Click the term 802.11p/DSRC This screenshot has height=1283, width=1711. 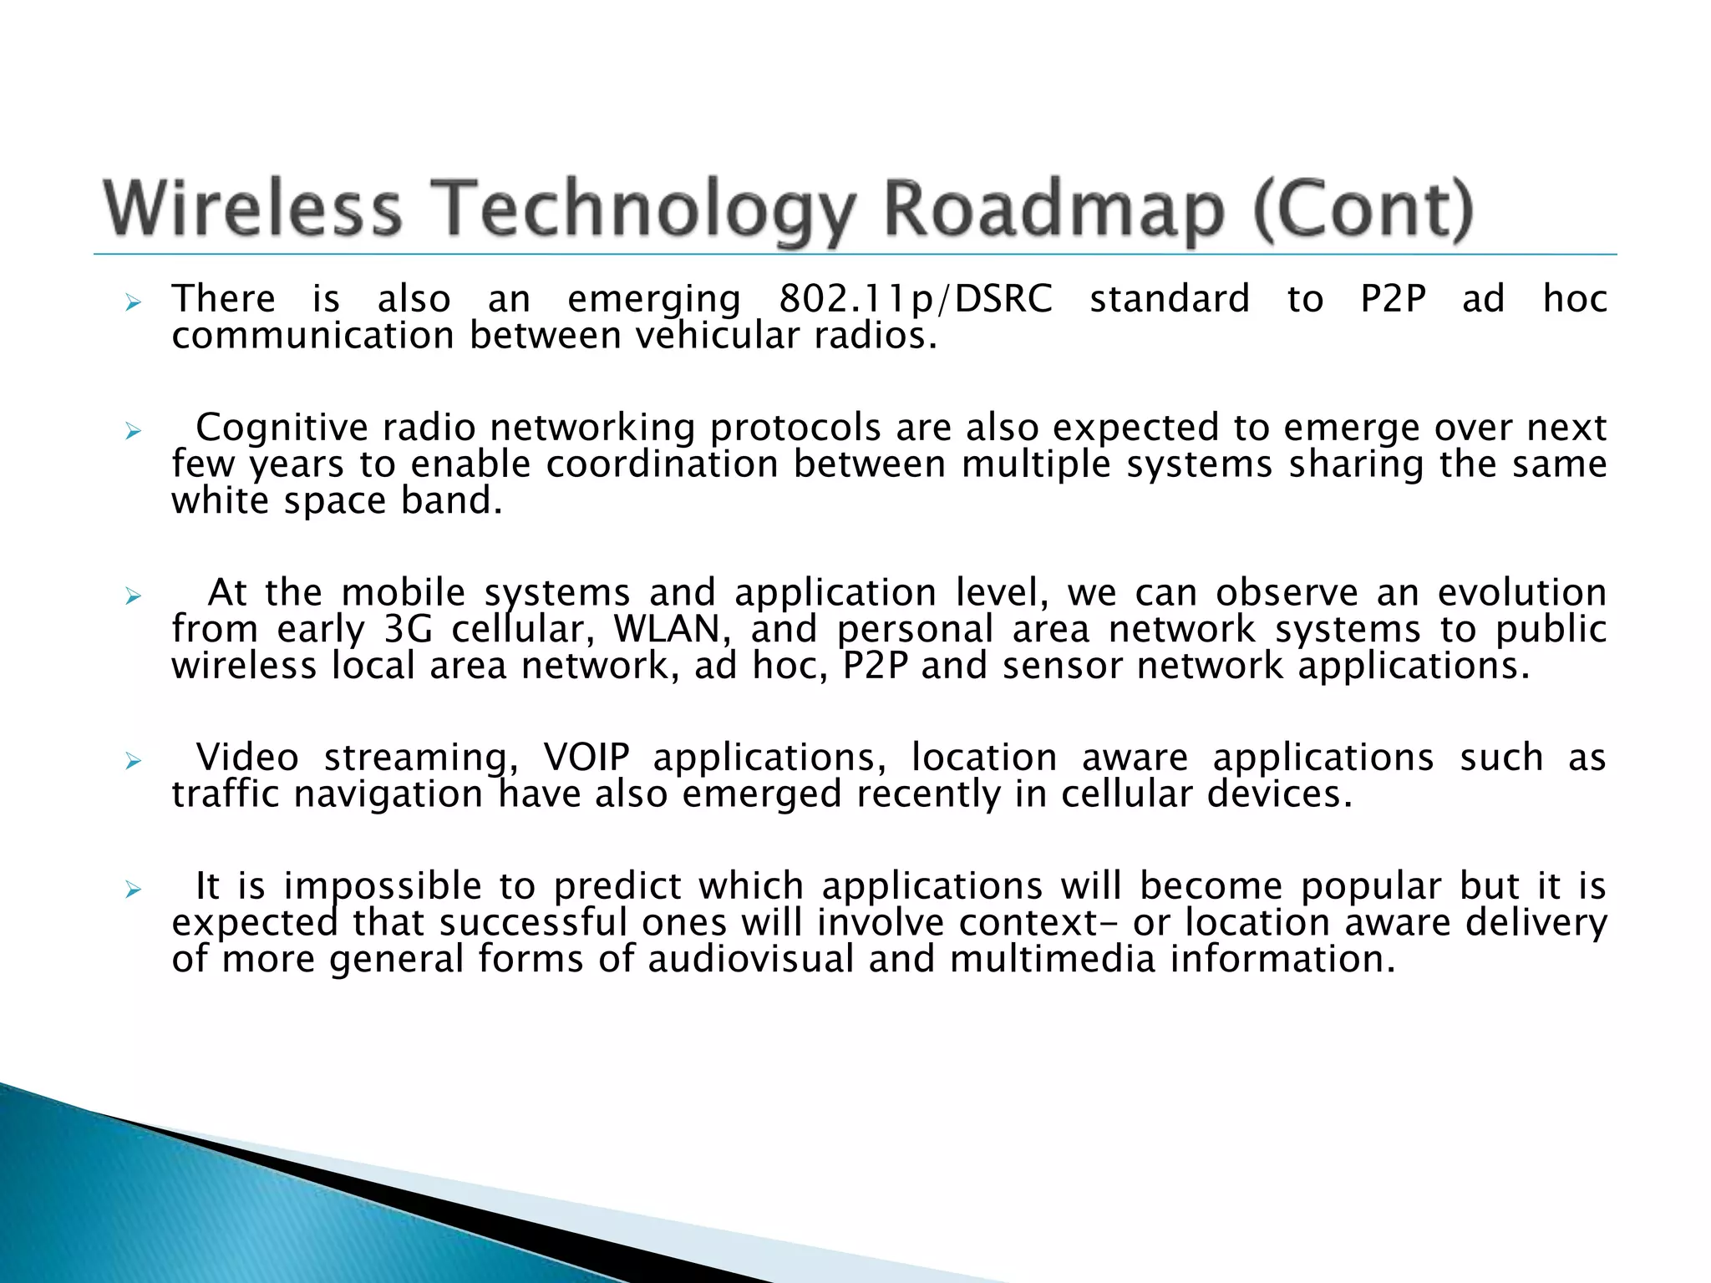pyautogui.click(x=916, y=299)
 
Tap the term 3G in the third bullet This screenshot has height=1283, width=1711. pyautogui.click(x=409, y=629)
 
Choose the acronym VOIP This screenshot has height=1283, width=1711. pyautogui.click(x=586, y=758)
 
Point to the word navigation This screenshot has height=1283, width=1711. pyautogui.click(x=388, y=794)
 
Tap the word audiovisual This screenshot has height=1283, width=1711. pyautogui.click(x=751, y=959)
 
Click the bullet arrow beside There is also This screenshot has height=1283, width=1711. pyautogui.click(x=133, y=302)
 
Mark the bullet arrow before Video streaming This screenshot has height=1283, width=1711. pyautogui.click(x=133, y=761)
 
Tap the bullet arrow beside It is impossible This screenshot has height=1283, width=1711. pyautogui.click(x=133, y=890)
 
